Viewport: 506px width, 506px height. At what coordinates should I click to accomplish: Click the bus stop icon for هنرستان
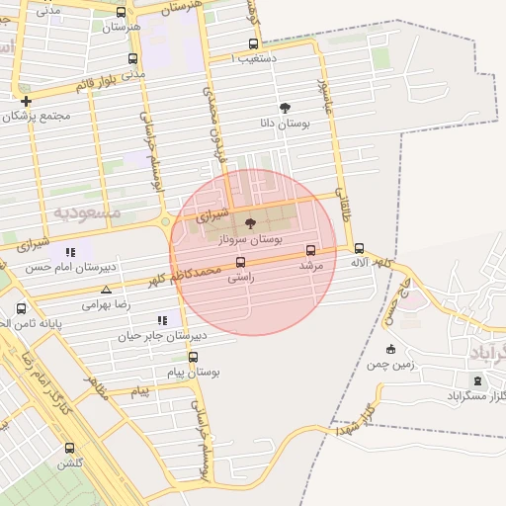[x=121, y=13]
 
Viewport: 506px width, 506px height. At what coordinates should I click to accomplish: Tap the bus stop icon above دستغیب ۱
[x=253, y=44]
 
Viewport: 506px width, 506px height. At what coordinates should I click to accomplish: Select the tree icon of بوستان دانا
[x=285, y=108]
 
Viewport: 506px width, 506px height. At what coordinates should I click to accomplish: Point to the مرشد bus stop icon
[x=311, y=250]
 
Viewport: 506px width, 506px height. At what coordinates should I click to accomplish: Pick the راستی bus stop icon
[x=241, y=262]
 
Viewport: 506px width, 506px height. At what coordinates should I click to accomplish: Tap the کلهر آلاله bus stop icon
[x=359, y=249]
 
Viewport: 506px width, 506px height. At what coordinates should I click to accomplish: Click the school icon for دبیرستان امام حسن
[x=70, y=252]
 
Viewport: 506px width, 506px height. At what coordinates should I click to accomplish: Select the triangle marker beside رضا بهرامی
[x=106, y=290]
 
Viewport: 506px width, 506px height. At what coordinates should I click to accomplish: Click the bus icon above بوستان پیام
[x=193, y=358]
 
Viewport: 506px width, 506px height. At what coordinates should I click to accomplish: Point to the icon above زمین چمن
[x=390, y=348]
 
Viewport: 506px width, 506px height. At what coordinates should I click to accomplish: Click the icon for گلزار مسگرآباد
[x=478, y=380]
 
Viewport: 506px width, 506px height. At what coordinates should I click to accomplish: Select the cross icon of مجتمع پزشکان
[x=26, y=101]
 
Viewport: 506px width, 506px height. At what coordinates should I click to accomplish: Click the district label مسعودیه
[x=87, y=212]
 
